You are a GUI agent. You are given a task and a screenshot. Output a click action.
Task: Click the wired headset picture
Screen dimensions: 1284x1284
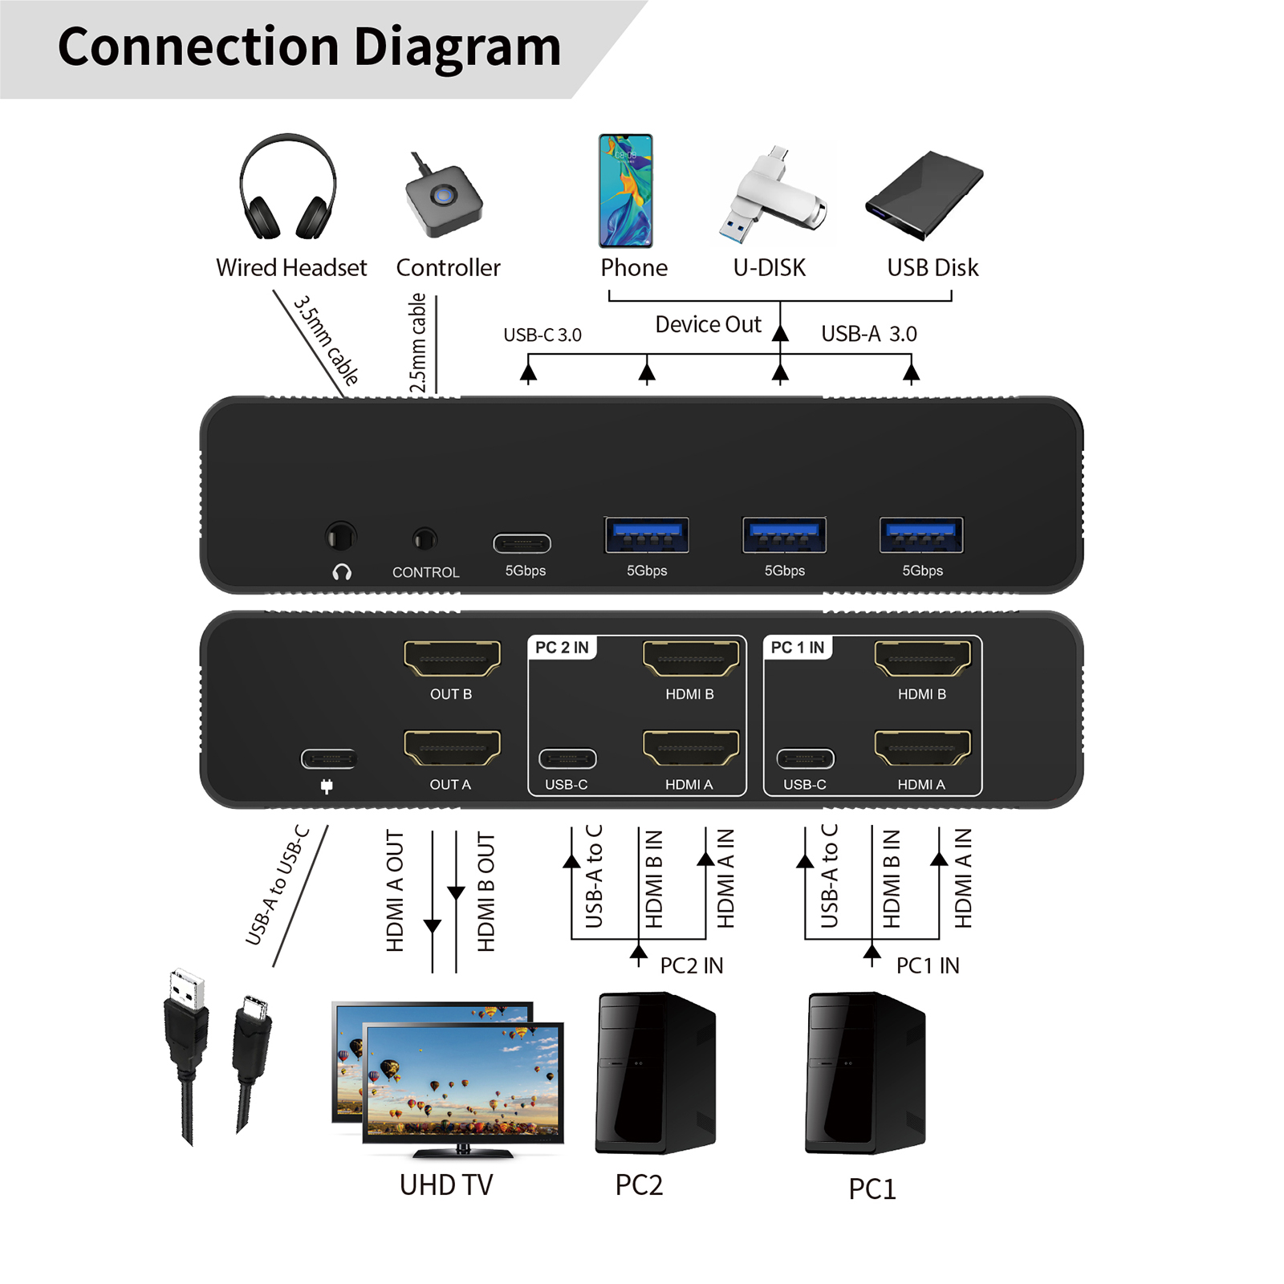(x=287, y=187)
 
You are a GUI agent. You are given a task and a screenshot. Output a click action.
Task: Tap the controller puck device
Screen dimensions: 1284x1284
(x=444, y=197)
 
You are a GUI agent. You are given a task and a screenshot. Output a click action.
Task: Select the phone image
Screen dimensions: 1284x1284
(x=626, y=191)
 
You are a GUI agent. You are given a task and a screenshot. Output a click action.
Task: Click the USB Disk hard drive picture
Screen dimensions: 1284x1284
(x=924, y=195)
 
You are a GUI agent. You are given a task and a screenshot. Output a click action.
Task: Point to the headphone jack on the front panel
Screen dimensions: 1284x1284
(x=340, y=537)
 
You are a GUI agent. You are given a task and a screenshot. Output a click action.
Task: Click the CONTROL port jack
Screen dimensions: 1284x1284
(x=425, y=538)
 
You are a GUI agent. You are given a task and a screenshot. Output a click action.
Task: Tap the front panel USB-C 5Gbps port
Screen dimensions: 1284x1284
(x=522, y=544)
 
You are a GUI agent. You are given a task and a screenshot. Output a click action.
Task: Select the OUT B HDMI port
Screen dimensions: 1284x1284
(x=452, y=659)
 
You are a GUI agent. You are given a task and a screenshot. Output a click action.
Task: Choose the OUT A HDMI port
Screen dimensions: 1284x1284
(x=452, y=748)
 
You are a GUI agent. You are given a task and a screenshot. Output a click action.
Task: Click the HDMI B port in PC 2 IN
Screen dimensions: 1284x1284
(x=691, y=659)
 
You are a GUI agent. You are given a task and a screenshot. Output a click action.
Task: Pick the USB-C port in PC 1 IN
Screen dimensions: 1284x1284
(x=806, y=758)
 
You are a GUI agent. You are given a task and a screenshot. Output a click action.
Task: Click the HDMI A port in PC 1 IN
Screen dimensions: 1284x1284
(x=923, y=748)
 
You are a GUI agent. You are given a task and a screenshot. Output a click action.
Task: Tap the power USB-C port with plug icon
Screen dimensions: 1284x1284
(x=329, y=758)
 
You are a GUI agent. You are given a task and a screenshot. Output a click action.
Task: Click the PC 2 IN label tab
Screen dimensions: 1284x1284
(x=562, y=648)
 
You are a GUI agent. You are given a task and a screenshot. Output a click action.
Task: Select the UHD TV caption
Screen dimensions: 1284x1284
(x=446, y=1185)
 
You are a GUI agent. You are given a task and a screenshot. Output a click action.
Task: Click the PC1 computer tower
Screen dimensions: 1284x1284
(x=866, y=1073)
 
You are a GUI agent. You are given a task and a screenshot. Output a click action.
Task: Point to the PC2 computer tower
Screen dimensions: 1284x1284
(x=656, y=1073)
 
